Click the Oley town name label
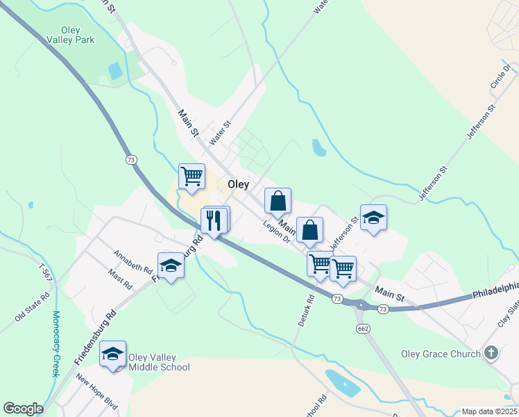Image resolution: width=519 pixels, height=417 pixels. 238,185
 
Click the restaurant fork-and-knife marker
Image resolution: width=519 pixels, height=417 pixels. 214,220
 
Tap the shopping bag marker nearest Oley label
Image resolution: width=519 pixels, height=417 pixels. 278,201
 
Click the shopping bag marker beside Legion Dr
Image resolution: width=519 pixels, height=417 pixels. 310,229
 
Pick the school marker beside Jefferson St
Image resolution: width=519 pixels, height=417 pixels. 373,218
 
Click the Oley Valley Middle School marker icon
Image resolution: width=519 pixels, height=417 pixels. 112,354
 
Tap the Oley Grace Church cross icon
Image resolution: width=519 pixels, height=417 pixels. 491,353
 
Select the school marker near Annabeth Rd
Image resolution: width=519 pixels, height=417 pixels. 171,265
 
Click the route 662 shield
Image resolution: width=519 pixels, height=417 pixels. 362,327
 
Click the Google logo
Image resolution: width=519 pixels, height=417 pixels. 23,409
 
